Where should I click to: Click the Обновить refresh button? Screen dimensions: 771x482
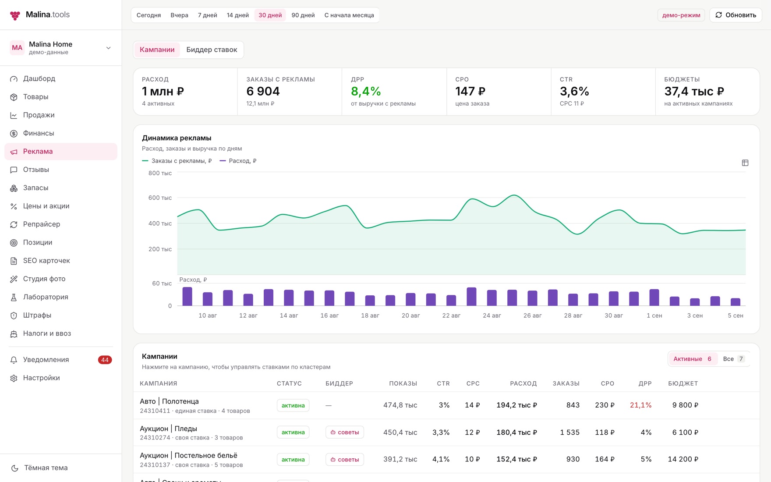736,15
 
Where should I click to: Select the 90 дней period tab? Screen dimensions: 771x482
303,15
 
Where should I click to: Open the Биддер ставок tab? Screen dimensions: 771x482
212,50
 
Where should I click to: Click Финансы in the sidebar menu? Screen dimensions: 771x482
39,133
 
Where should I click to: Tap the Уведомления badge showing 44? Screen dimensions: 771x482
105,360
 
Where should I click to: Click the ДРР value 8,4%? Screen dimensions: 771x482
366,91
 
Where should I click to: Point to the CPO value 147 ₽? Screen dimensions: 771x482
470,91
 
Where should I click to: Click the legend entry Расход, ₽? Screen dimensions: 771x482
238,161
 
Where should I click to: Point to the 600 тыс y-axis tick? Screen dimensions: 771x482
160,198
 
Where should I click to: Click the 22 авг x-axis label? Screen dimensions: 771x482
451,315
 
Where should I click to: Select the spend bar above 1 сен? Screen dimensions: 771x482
654,298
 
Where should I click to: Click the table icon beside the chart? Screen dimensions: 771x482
745,163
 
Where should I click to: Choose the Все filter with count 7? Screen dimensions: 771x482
733,359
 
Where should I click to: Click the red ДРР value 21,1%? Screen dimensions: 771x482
640,405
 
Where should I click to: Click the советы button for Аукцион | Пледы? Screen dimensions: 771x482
345,432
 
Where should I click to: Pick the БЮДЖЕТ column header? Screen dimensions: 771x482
683,383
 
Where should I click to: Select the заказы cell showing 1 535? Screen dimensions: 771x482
569,432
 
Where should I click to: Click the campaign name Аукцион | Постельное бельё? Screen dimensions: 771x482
188,455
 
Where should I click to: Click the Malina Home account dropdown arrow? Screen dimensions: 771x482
109,48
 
